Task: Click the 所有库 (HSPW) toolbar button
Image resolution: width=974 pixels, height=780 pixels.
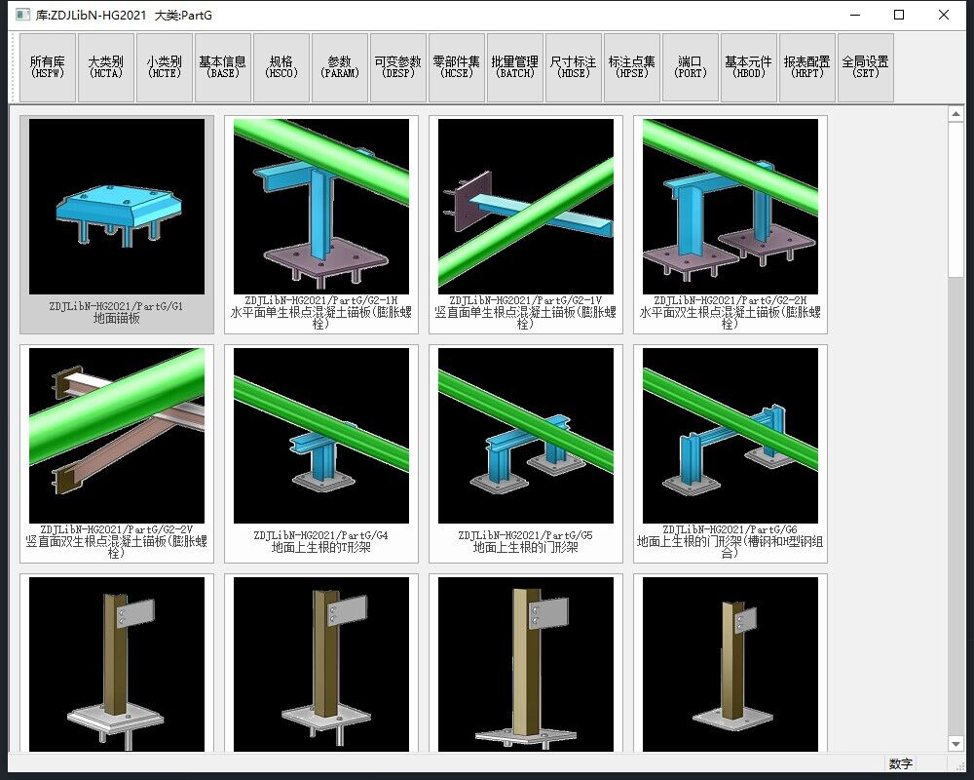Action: [x=48, y=67]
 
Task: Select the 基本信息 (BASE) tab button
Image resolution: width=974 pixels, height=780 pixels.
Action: [x=223, y=67]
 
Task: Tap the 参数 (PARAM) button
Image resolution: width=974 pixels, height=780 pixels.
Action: [x=340, y=67]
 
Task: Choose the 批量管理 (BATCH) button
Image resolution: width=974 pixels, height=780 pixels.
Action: [x=515, y=67]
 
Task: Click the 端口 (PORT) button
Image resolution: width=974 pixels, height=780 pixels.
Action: [x=691, y=67]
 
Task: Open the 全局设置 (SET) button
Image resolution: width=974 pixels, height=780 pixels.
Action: [x=865, y=67]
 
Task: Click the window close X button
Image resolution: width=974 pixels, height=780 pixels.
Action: [x=944, y=15]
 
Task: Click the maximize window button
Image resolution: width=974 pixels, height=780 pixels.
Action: [x=899, y=15]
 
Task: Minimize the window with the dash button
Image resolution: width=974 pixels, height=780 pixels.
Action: [x=855, y=15]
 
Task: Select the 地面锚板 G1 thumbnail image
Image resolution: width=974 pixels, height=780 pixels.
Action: [x=117, y=207]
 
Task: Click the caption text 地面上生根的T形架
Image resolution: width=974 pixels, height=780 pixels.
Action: [x=321, y=547]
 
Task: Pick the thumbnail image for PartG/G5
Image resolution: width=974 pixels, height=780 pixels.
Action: [x=526, y=436]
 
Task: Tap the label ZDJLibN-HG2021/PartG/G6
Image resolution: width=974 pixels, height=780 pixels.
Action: [x=730, y=530]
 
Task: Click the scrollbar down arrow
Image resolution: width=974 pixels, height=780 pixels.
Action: [x=955, y=743]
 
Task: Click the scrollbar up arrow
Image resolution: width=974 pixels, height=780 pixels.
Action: [x=955, y=114]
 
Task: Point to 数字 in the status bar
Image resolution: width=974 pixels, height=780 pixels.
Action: [x=900, y=763]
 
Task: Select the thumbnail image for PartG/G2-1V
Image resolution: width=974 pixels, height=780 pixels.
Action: [x=526, y=207]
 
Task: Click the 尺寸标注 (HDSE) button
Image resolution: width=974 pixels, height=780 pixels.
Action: [x=574, y=67]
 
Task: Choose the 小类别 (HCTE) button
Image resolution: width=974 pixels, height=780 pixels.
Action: [x=165, y=67]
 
